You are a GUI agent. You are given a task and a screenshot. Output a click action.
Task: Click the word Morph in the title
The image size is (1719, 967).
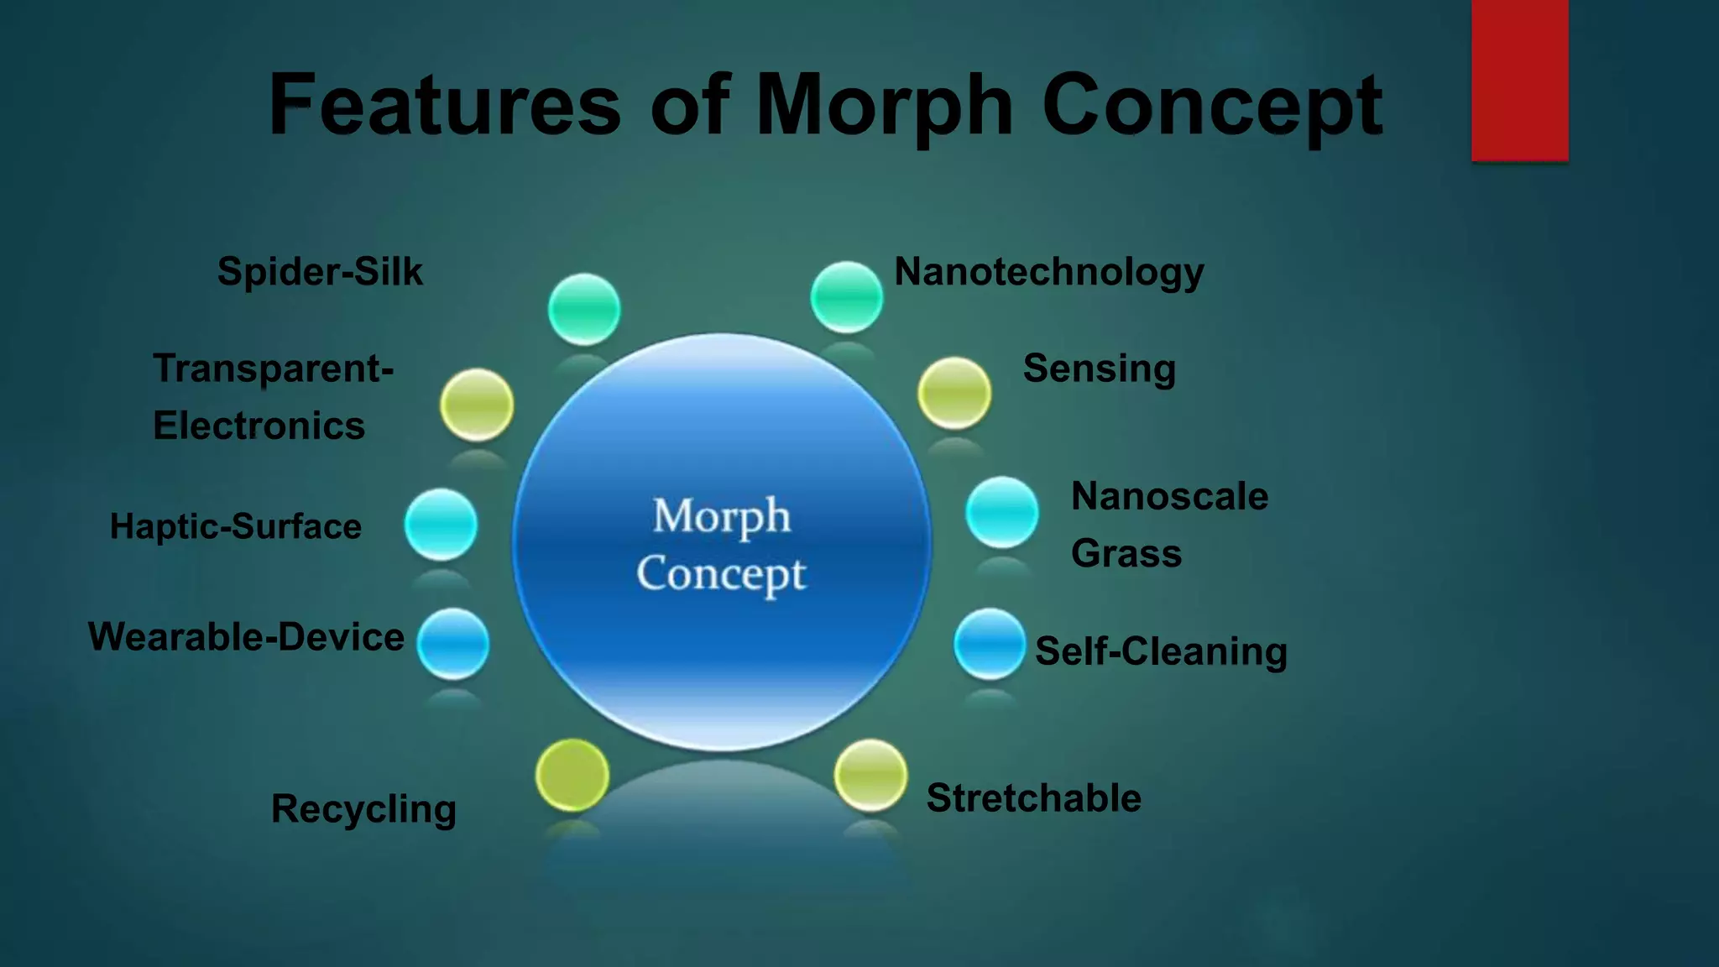point(885,106)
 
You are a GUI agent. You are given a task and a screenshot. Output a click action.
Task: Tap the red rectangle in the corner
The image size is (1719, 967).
point(1519,80)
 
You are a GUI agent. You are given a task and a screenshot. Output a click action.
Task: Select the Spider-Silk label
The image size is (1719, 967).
point(320,272)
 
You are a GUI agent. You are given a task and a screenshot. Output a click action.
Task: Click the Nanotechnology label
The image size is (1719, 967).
point(1049,272)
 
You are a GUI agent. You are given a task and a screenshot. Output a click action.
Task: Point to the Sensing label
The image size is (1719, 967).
point(1100,369)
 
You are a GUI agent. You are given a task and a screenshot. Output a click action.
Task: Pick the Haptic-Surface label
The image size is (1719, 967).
point(236,526)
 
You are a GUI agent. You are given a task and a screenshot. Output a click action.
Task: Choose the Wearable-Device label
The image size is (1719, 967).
point(246,636)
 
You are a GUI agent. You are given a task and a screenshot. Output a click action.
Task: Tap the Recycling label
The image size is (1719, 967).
point(363,809)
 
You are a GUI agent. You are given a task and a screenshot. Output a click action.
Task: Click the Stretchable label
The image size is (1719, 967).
point(1033,797)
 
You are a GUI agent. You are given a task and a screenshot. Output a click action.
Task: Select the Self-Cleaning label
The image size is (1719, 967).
point(1161,651)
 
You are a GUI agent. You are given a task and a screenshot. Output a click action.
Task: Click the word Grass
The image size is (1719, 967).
point(1126,554)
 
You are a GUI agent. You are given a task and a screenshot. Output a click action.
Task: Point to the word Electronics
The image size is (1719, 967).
point(259,426)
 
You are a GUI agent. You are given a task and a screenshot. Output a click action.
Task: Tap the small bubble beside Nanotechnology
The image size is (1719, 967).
point(846,296)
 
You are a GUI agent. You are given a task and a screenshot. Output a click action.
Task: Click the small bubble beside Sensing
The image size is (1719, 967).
point(954,393)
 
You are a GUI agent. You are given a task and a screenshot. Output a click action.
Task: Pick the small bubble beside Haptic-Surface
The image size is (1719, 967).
point(441,525)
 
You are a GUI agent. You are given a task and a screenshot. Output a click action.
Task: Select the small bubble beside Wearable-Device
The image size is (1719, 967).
point(453,644)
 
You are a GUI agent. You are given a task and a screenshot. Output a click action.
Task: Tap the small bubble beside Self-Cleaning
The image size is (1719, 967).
point(990,644)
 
